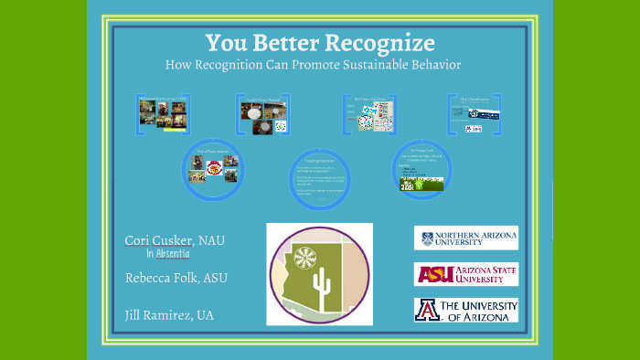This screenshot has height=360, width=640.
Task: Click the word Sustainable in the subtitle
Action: point(363,66)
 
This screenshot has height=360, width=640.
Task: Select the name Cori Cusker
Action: point(155,240)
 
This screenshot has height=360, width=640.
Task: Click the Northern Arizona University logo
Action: point(465,238)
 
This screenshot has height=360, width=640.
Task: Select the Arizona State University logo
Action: point(465,274)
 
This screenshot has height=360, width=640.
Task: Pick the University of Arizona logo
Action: point(465,311)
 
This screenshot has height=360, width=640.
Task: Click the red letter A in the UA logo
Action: point(428,311)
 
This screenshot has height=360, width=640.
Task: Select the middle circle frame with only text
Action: point(319,173)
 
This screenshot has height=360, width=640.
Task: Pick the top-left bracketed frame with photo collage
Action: point(163,113)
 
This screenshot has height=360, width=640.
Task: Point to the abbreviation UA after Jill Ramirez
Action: point(204,315)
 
